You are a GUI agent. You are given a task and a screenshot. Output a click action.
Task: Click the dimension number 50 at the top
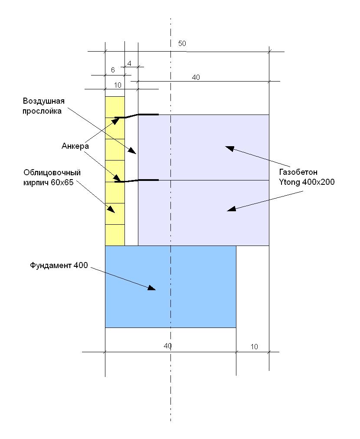182,43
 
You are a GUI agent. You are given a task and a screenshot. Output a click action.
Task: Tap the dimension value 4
129,64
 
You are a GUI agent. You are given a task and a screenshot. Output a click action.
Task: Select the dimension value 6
113,70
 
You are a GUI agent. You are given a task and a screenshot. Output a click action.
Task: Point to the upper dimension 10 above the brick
118,85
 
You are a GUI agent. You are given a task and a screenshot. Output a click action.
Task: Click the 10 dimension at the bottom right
254,347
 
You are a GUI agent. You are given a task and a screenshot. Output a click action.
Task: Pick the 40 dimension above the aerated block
196,77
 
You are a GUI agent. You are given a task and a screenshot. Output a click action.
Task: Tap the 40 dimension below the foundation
167,346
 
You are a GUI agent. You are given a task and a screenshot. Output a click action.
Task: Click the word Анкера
75,146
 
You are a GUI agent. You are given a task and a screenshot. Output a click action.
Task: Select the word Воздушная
44,101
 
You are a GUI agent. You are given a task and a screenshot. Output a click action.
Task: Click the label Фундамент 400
59,265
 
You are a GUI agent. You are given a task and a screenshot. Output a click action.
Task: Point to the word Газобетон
298,172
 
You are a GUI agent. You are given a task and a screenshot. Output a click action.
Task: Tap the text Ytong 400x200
307,182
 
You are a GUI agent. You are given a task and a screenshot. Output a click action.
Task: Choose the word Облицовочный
52,172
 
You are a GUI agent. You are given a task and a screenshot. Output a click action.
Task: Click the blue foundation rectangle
170,287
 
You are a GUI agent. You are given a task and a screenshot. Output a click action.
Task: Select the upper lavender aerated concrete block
203,147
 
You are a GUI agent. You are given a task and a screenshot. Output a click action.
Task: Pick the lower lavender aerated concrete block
203,213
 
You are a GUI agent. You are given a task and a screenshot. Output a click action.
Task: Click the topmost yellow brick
115,107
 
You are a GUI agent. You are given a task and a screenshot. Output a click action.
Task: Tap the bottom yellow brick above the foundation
115,235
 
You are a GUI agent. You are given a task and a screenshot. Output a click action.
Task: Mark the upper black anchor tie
137,116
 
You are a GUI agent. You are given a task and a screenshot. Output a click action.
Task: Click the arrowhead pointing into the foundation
151,288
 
